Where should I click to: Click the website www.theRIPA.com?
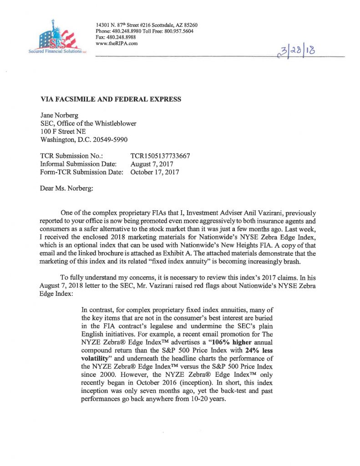[x=117, y=44]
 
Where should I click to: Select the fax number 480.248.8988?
[x=121, y=37]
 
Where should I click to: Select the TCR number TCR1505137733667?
[x=160, y=156]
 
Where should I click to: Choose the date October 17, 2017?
[x=154, y=172]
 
